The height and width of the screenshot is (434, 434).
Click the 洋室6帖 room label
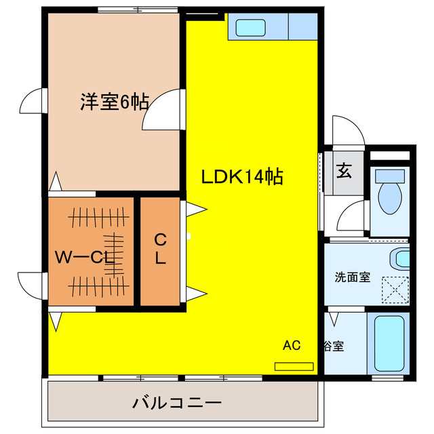tap(115, 102)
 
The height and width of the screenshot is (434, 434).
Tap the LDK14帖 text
tap(241, 177)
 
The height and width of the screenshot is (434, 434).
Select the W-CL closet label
tap(83, 257)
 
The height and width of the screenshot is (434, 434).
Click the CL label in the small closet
tap(160, 249)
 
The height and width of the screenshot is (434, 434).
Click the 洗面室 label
tap(352, 277)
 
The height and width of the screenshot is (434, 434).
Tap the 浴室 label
tap(332, 346)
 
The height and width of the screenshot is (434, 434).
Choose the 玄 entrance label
tap(344, 171)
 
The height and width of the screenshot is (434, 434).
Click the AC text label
tap(291, 345)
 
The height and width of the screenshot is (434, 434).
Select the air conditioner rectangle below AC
tap(294, 366)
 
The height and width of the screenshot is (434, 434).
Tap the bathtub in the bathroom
tap(389, 342)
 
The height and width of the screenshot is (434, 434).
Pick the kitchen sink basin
tap(251, 27)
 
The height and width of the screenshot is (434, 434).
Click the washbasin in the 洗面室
tap(401, 258)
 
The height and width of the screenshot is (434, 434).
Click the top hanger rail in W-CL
tap(98, 217)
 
